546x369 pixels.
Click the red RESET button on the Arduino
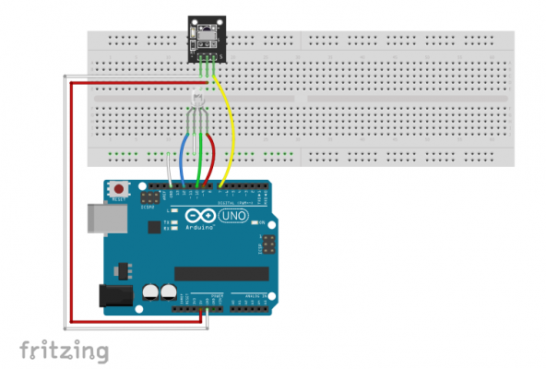[118, 188]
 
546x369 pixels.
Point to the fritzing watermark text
[64, 351]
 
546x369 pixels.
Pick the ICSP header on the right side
[268, 244]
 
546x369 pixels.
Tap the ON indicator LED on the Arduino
[261, 223]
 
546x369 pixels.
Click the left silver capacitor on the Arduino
[149, 292]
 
